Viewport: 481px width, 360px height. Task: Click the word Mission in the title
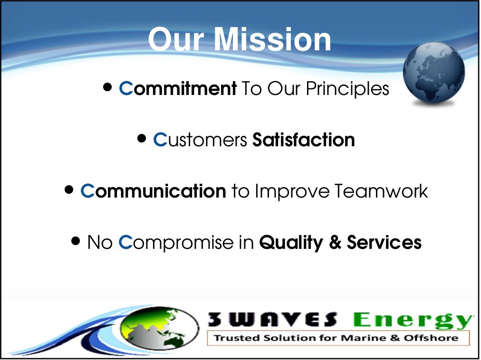pyautogui.click(x=272, y=39)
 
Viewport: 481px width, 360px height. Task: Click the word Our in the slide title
pyautogui.click(x=176, y=39)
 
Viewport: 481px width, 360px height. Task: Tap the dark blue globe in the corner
pyautogui.click(x=434, y=72)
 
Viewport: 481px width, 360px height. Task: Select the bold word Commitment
pyautogui.click(x=178, y=88)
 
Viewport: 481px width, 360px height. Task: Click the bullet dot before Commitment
pyautogui.click(x=107, y=87)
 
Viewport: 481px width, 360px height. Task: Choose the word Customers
pyautogui.click(x=200, y=140)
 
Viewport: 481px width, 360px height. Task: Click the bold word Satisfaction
pyautogui.click(x=304, y=140)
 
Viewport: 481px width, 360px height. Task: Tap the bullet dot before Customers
pyautogui.click(x=142, y=138)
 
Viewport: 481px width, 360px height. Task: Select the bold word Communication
pyautogui.click(x=154, y=191)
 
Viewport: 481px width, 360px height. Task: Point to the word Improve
pyautogui.click(x=292, y=192)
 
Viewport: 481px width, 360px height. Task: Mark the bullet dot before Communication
pyautogui.click(x=69, y=189)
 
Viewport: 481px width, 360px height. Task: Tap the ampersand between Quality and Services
pyautogui.click(x=335, y=242)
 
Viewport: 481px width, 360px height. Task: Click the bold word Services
pyautogui.click(x=384, y=242)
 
